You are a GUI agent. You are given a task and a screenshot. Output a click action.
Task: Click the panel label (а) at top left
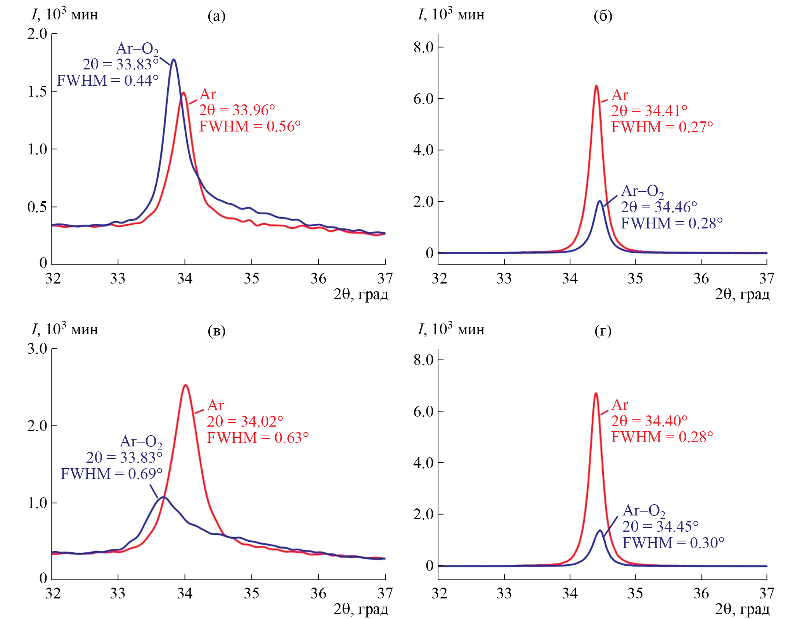217,16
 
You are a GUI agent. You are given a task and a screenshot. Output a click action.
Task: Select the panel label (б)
603,16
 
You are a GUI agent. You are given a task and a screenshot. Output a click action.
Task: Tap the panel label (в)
217,331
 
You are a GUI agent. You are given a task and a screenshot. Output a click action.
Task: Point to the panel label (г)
603,331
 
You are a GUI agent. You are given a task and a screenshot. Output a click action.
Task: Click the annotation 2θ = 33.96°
237,111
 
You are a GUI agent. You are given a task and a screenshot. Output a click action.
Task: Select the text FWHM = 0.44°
107,81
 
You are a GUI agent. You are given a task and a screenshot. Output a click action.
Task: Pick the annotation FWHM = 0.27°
662,127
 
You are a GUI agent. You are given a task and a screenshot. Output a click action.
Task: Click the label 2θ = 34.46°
659,207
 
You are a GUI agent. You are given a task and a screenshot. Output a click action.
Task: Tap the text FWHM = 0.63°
258,438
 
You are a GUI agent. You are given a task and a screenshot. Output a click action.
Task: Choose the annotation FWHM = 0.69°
111,474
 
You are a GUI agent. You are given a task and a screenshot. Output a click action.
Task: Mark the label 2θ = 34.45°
660,527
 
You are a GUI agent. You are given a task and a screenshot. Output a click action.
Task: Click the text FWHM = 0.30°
673,543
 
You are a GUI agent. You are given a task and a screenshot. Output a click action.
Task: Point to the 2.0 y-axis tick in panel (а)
37,34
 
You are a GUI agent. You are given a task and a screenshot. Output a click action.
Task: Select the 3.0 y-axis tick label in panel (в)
37,349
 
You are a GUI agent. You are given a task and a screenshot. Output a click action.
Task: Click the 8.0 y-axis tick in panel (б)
423,47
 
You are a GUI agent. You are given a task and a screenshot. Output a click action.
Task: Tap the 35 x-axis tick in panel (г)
636,593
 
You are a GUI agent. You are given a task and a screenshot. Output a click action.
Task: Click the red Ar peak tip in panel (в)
186,385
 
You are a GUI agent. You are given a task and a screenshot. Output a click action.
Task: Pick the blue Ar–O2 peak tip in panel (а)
173,59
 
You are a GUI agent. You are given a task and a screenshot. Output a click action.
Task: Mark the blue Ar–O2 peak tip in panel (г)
600,530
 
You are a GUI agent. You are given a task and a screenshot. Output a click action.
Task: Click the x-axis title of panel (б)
742,294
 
